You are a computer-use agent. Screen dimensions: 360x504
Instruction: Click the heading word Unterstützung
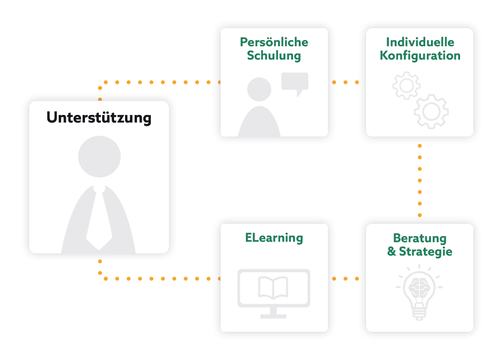click(99, 117)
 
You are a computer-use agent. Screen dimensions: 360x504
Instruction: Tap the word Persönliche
click(274, 42)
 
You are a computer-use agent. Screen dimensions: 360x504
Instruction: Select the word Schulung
click(274, 55)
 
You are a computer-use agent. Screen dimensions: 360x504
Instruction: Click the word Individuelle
click(420, 42)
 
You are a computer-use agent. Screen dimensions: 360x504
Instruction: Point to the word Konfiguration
click(420, 55)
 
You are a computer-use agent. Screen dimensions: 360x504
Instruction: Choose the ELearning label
click(274, 237)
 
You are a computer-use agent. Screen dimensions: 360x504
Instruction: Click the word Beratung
click(420, 238)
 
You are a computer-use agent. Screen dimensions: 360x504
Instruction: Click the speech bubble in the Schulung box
click(294, 82)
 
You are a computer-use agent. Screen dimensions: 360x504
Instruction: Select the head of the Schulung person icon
click(259, 89)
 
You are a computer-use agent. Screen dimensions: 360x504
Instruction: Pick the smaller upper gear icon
click(406, 85)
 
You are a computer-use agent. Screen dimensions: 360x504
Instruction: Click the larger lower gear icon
click(431, 112)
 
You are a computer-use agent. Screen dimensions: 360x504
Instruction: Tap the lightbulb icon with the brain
click(420, 291)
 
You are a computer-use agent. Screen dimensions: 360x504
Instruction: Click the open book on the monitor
click(273, 288)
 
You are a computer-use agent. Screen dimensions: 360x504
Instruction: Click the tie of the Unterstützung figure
click(99, 217)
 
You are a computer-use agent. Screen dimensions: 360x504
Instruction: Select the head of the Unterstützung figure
click(99, 157)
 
